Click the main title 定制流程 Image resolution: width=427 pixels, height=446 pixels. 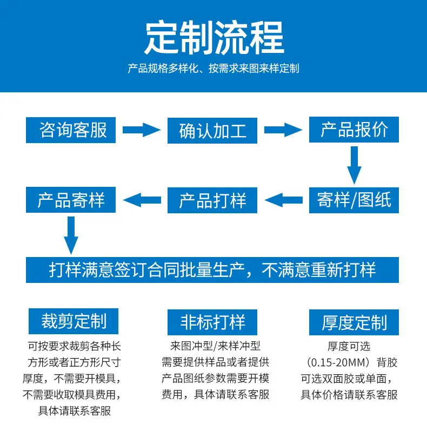tap(214, 38)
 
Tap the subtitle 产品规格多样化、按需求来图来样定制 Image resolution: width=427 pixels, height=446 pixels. tap(213, 69)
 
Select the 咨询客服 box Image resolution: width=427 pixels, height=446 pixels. tap(71, 130)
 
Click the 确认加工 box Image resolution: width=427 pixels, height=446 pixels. tap(212, 131)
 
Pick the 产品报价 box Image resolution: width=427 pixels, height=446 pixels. tap(354, 130)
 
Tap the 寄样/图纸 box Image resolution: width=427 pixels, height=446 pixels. tap(354, 200)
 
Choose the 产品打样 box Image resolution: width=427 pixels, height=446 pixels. tap(212, 200)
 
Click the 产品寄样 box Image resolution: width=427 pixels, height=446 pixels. tap(71, 200)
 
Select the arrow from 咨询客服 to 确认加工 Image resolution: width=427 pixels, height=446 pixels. tap(142, 130)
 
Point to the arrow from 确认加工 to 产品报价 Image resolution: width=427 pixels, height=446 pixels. tap(283, 130)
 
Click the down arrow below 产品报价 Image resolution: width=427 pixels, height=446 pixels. tap(354, 165)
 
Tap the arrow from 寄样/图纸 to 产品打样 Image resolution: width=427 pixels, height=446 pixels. tap(284, 200)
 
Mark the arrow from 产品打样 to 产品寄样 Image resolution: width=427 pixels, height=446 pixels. tap(142, 200)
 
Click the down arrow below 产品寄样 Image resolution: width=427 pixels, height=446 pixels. tap(71, 235)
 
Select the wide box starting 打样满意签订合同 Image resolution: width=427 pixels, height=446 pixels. tap(212, 270)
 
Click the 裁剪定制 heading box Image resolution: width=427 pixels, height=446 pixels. tap(74, 321)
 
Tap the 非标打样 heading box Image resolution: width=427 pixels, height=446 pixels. tap(212, 322)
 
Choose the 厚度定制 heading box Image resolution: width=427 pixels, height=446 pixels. tap(354, 322)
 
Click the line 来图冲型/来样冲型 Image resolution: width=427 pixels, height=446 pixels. tap(216, 346)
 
